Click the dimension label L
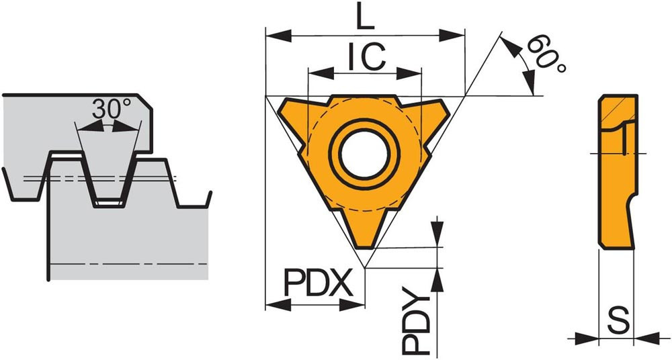point(366,16)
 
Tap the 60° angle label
point(546,54)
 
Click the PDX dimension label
point(319,283)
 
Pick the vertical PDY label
point(415,320)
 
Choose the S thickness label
point(619,320)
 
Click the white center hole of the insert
point(364,154)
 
